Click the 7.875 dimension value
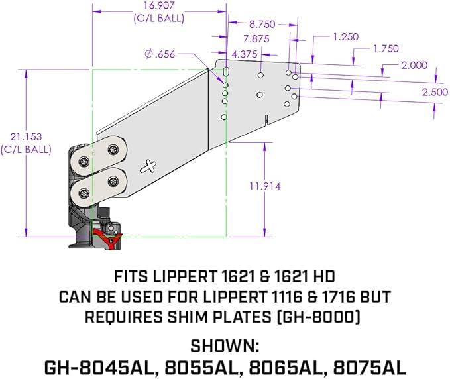point(256,38)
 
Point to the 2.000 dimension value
point(414,65)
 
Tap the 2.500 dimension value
point(435,91)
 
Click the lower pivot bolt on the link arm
point(85,193)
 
